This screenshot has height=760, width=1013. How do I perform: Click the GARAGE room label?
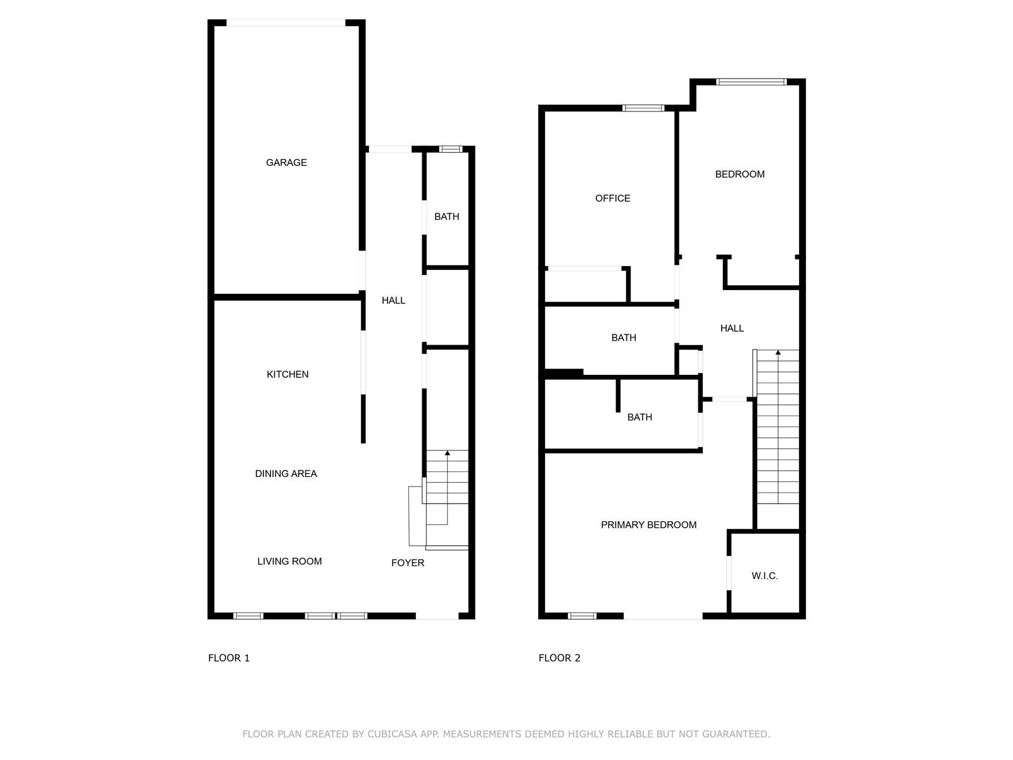286,162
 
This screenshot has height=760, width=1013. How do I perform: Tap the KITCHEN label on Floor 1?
287,374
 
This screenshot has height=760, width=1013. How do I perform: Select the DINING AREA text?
286,474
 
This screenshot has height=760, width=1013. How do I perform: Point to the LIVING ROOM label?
289,561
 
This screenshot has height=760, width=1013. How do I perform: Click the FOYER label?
408,562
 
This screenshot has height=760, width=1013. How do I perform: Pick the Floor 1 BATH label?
447,217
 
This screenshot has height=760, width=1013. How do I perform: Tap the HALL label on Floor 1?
393,300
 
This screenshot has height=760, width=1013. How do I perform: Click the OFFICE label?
612,198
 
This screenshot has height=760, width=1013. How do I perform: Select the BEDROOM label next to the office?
739,174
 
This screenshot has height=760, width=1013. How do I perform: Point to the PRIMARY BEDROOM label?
648,524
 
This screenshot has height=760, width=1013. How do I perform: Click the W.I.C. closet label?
765,576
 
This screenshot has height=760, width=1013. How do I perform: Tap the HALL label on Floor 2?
732,328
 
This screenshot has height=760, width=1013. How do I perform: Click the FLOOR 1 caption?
229,658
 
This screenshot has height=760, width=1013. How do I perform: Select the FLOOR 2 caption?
559,658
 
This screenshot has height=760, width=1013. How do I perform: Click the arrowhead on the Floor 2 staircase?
778,353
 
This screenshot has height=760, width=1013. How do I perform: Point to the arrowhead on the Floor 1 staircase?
447,453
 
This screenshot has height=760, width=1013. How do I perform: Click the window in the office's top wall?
643,108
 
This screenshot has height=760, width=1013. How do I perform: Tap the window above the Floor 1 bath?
450,149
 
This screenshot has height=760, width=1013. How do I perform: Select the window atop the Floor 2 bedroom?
752,82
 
